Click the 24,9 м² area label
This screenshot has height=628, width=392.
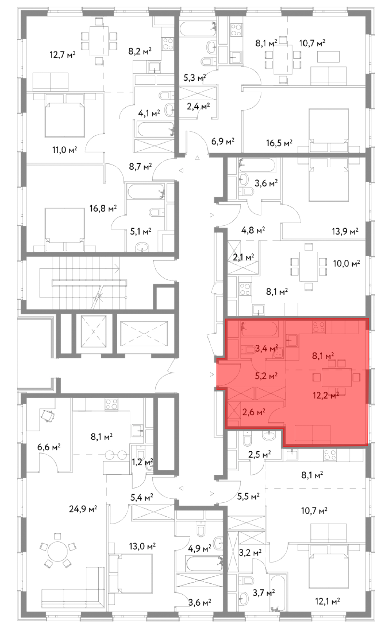pyautogui.click(x=83, y=509)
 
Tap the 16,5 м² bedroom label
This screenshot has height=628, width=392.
pyautogui.click(x=279, y=143)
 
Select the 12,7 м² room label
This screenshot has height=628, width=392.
pyautogui.click(x=63, y=54)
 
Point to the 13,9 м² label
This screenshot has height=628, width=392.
pyautogui.click(x=345, y=231)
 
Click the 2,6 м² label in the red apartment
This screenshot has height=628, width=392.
pyautogui.click(x=254, y=412)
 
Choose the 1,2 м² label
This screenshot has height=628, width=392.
pyautogui.click(x=143, y=461)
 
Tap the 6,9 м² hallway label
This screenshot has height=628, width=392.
pyautogui.click(x=223, y=141)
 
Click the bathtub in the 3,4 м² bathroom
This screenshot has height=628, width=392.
pyautogui.click(x=259, y=329)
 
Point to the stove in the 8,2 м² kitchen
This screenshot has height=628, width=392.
pyautogui.click(x=168, y=44)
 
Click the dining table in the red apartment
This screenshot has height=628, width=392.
pyautogui.click(x=337, y=377)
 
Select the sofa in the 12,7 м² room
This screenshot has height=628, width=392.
pyautogui.click(x=51, y=82)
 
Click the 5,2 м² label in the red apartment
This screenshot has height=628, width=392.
pyautogui.click(x=266, y=376)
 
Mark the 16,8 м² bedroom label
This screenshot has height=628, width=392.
pyautogui.click(x=103, y=208)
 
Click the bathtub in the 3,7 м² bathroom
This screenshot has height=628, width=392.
pyautogui.click(x=278, y=592)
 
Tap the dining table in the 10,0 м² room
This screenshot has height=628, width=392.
pyautogui.click(x=309, y=266)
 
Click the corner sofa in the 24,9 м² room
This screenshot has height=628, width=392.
pyautogui.click(x=73, y=584)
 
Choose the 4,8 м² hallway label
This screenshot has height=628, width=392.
pyautogui.click(x=253, y=230)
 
